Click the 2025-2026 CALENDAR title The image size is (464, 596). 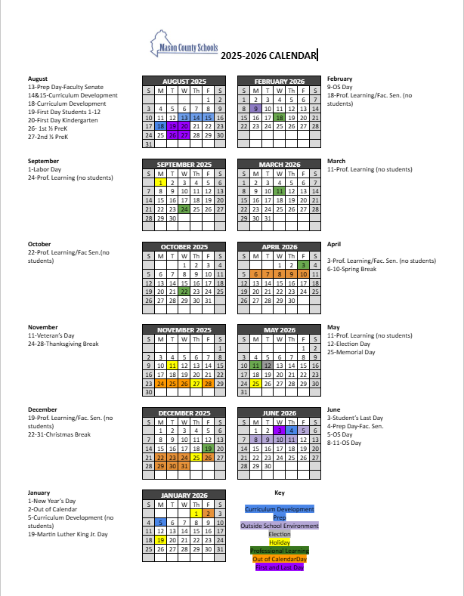269,54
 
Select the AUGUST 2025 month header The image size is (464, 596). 184,81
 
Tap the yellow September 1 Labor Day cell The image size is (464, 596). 160,182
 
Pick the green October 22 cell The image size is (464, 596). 184,291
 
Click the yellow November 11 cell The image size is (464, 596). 172,365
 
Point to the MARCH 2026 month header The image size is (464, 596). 280,164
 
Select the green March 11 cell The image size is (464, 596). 280,191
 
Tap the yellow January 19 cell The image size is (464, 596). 160,540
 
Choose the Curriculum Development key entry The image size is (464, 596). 280,510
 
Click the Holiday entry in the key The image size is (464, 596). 280,542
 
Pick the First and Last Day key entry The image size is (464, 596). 280,567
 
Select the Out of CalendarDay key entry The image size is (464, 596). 280,558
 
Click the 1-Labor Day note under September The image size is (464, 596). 45,169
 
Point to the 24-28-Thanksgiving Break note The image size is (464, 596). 63,344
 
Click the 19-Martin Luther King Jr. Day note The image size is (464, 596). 68,534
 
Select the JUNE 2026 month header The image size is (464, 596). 280,412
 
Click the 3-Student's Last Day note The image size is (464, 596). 355,418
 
